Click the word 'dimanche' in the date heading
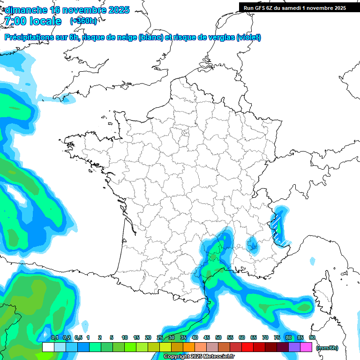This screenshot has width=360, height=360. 26,10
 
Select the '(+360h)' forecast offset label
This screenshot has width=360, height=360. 83,21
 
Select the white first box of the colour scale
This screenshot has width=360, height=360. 48,347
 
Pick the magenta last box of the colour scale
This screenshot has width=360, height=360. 306,347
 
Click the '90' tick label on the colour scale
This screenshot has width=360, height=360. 312,337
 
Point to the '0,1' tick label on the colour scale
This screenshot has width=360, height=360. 54,337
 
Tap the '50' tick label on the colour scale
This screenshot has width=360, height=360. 218,337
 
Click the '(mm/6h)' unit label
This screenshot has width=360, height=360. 328,348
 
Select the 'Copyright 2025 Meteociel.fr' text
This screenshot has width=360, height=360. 199,356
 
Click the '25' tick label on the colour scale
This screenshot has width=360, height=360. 160,337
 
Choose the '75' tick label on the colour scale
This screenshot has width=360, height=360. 277,337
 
